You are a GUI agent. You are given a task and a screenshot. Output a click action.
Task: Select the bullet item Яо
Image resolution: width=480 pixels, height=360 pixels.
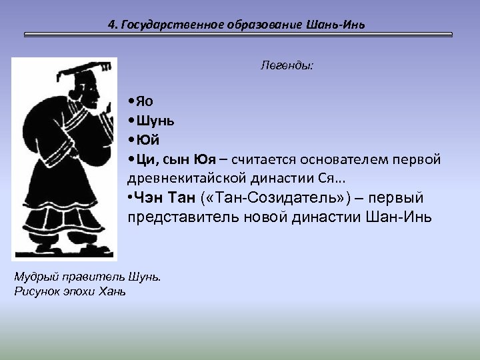143,101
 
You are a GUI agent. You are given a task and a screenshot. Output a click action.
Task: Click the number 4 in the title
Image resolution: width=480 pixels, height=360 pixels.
111,25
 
